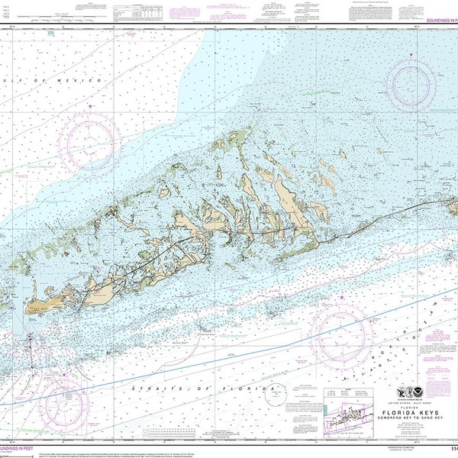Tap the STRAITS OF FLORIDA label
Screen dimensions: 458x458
202,389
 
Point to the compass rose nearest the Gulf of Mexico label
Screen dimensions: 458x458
90,141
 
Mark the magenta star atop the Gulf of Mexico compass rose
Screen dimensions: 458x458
90,106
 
